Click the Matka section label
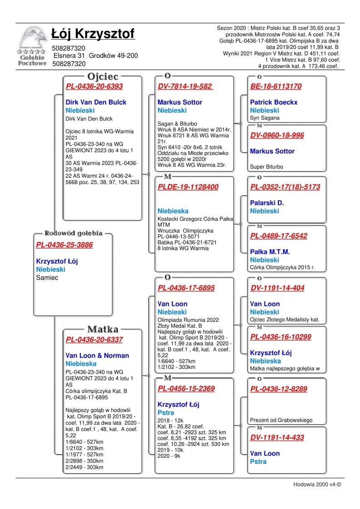tap(103, 330)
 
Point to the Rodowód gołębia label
tap(73, 233)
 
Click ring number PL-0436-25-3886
tap(64, 245)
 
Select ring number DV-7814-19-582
tap(185, 87)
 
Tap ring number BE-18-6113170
tap(276, 87)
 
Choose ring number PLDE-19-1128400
tap(188, 187)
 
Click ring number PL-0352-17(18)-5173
tap(285, 187)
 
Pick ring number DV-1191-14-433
tap(277, 438)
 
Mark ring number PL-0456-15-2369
tap(186, 389)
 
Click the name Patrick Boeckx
tap(273, 102)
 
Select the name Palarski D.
tap(267, 203)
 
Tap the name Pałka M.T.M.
tap(270, 252)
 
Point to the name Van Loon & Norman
tap(97, 356)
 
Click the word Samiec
tap(47, 277)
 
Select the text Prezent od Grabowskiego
tap(281, 420)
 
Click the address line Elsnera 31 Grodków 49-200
tap(96, 56)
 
